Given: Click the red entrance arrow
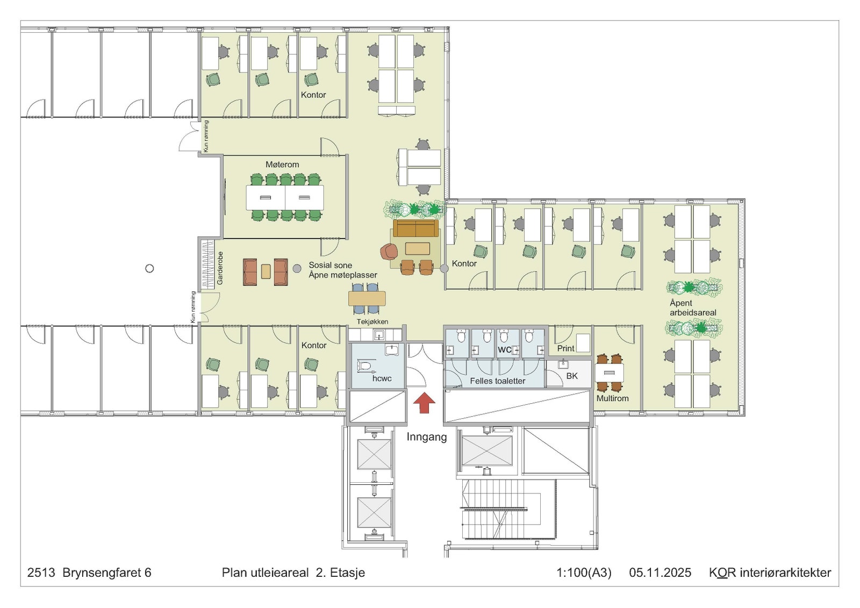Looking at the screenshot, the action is pyautogui.click(x=424, y=402).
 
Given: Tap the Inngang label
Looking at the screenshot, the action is pyautogui.click(x=427, y=437).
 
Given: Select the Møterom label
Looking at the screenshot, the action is pyautogui.click(x=282, y=165).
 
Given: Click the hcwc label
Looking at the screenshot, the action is pyautogui.click(x=382, y=378).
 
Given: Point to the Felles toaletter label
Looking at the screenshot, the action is pyautogui.click(x=498, y=381).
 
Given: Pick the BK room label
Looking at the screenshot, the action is pyautogui.click(x=572, y=376).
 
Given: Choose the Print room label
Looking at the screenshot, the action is pyautogui.click(x=565, y=348).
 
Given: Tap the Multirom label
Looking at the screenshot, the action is pyautogui.click(x=612, y=398).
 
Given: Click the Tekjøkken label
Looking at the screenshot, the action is pyautogui.click(x=372, y=322).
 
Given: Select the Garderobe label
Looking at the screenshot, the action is pyautogui.click(x=220, y=268).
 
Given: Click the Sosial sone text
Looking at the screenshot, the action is pyautogui.click(x=330, y=265).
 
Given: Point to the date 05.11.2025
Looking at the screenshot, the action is pyautogui.click(x=660, y=573).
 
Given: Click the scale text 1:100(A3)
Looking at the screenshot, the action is pyautogui.click(x=584, y=573).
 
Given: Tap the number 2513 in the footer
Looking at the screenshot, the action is pyautogui.click(x=41, y=573).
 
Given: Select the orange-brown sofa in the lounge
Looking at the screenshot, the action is pyautogui.click(x=416, y=228).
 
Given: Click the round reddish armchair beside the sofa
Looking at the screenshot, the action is pyautogui.click(x=389, y=252).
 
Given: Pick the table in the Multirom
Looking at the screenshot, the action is pyautogui.click(x=610, y=373).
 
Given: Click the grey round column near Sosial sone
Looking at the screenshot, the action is pyautogui.click(x=297, y=268).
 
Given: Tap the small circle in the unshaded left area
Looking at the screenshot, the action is pyautogui.click(x=150, y=268).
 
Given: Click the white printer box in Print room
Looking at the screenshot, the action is pyautogui.click(x=583, y=342).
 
